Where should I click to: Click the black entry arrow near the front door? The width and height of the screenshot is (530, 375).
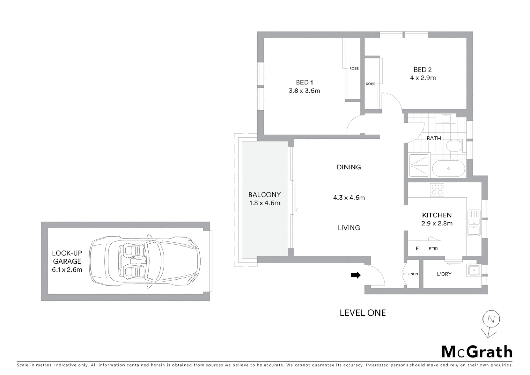point(356,275)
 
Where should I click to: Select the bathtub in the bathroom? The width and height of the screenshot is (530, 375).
point(448,169)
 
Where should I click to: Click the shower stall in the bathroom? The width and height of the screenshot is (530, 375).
point(419,165)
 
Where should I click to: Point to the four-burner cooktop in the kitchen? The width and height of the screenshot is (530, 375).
point(437,190)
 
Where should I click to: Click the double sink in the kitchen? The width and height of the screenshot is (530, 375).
point(473,223)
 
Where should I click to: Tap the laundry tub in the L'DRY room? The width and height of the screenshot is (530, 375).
point(473,270)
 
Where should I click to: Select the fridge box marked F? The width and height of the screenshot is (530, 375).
point(417,249)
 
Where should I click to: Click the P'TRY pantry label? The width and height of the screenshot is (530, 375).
point(434,249)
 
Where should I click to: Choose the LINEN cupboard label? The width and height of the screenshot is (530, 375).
point(412,274)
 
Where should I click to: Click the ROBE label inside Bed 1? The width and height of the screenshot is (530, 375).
point(354,69)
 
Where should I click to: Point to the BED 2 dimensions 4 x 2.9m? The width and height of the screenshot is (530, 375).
point(423,78)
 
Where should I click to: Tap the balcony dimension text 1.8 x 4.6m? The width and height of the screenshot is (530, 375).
point(265,203)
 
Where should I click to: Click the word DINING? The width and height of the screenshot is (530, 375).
point(349,167)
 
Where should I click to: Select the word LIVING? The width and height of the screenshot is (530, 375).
point(349,228)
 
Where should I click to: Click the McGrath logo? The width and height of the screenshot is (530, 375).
point(477,352)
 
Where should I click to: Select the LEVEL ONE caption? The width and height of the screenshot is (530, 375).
point(362,313)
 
